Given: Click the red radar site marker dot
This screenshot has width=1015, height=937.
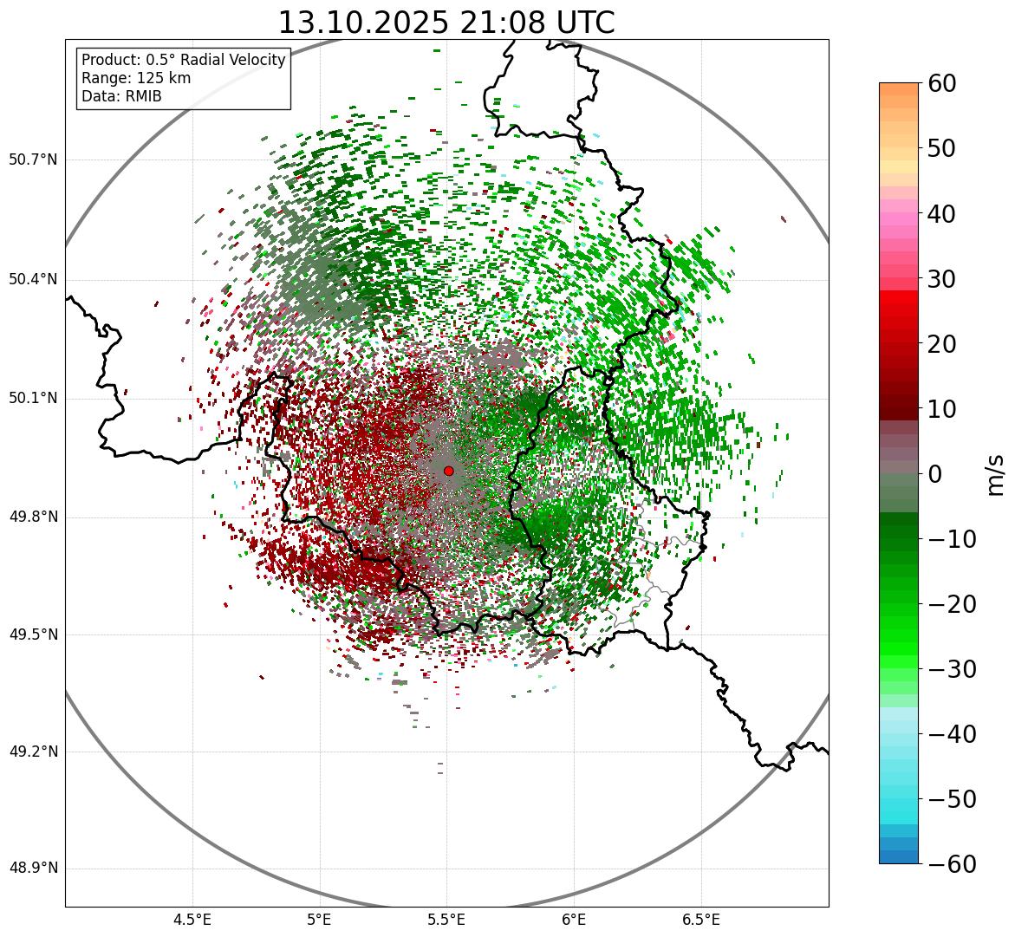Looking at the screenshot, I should [448, 471].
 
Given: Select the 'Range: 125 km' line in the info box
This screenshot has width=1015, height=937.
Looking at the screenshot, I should [136, 78].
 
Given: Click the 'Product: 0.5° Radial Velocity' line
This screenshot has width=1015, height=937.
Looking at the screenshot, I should [183, 60].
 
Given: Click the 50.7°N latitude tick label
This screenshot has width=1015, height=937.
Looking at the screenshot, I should [33, 160].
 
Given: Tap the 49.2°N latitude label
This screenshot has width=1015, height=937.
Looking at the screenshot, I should [33, 752].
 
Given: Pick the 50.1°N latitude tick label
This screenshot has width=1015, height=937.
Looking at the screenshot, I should [33, 399].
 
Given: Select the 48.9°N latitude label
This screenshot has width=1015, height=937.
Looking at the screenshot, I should [33, 869].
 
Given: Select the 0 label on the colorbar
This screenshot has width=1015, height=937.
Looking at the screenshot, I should [934, 474].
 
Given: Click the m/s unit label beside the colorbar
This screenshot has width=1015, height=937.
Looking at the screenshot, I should [995, 474].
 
